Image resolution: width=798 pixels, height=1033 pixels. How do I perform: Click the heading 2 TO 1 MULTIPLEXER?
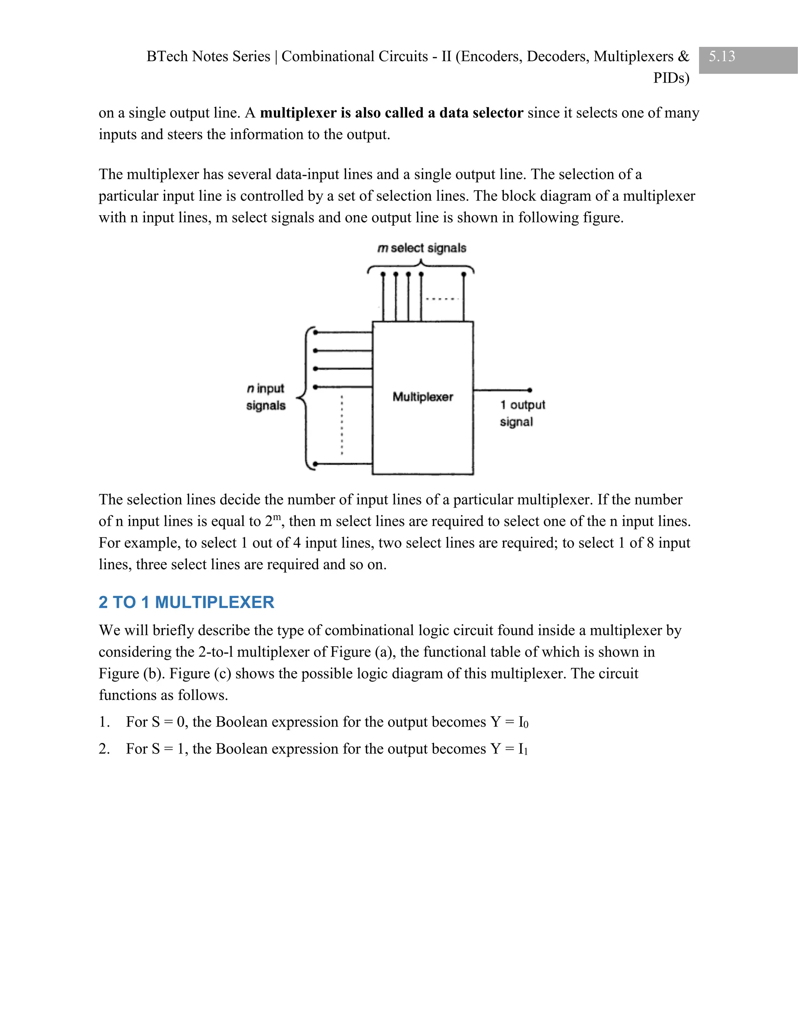[x=186, y=602]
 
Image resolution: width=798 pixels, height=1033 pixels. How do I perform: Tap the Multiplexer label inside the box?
[x=423, y=397]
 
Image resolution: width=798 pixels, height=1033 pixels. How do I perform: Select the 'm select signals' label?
[x=422, y=248]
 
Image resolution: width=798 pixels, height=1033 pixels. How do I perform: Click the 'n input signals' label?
[x=266, y=397]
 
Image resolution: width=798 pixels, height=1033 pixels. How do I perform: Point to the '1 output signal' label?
[x=522, y=413]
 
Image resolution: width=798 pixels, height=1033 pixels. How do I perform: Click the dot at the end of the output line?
[x=530, y=390]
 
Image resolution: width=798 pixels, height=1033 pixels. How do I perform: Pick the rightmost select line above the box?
[x=464, y=298]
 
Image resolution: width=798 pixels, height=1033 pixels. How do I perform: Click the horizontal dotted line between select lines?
[x=442, y=299]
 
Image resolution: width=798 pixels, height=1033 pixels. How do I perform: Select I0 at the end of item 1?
[x=523, y=722]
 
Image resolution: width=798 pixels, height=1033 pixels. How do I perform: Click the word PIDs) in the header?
[x=671, y=78]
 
